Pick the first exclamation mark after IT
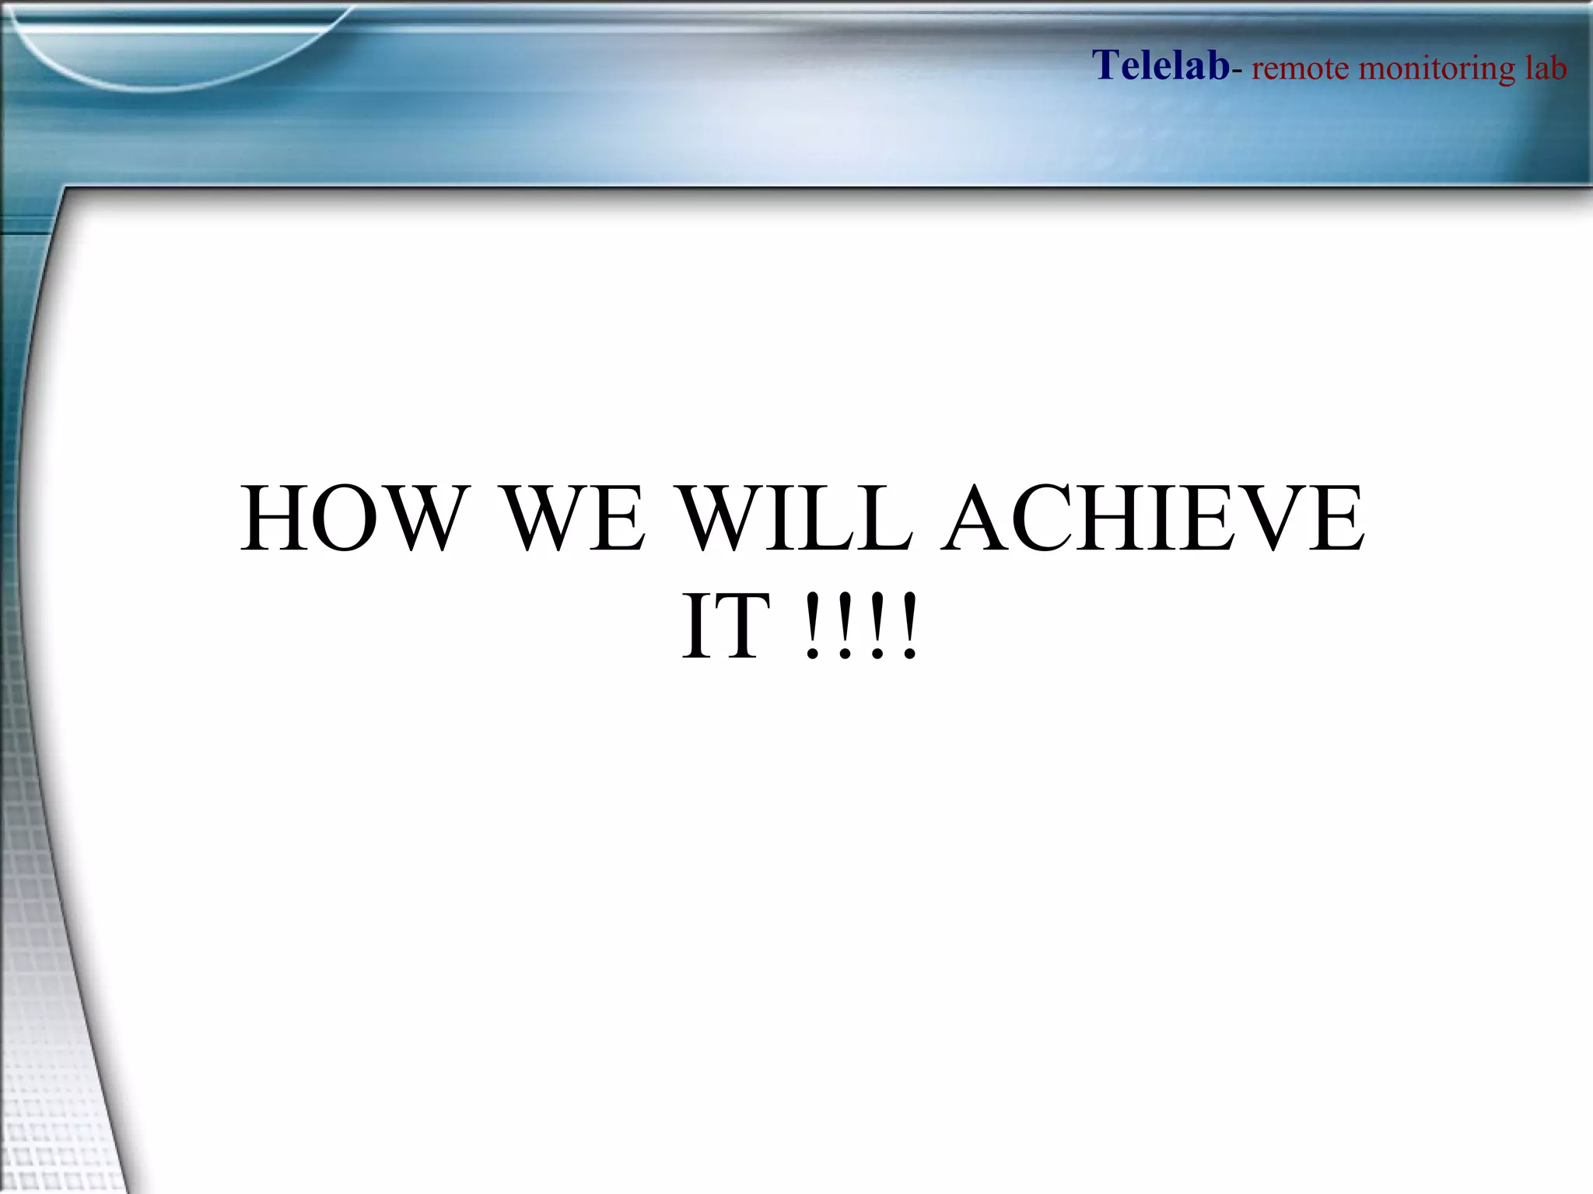click(x=812, y=627)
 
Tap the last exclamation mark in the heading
click(x=909, y=627)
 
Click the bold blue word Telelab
click(x=1161, y=65)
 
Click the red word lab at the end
click(x=1545, y=68)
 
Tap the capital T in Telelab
click(x=1106, y=65)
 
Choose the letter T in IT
click(x=744, y=627)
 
